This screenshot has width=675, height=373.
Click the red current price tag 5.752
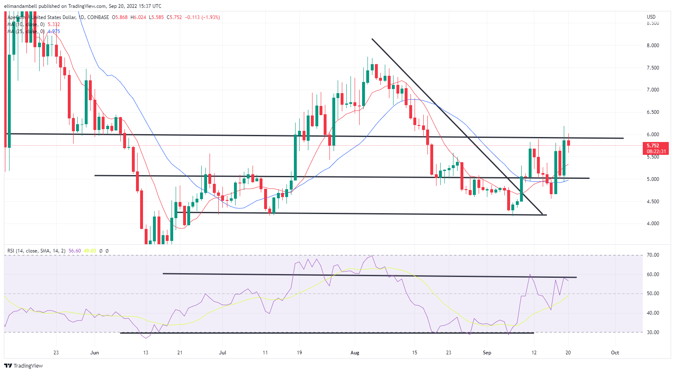653,146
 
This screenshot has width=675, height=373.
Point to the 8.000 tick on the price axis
653,46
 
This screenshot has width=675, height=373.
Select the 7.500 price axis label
653,68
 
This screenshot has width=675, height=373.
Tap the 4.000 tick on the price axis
653,224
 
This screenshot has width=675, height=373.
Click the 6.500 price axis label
653,112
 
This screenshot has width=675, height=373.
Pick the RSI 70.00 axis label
653,255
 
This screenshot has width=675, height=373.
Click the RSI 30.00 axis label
653,332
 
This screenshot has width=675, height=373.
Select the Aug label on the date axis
355,353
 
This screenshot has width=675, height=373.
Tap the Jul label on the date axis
222,353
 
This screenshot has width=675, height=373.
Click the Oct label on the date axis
615,353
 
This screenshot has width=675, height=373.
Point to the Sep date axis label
487,353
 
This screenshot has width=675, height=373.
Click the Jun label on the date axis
95,353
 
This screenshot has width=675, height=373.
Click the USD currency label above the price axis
651,17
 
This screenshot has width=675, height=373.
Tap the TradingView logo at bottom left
24,366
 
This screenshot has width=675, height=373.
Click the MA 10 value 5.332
54,24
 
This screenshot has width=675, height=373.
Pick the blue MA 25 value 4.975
54,31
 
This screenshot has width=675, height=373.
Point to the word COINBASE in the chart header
98,17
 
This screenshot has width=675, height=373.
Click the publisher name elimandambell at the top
21,6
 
